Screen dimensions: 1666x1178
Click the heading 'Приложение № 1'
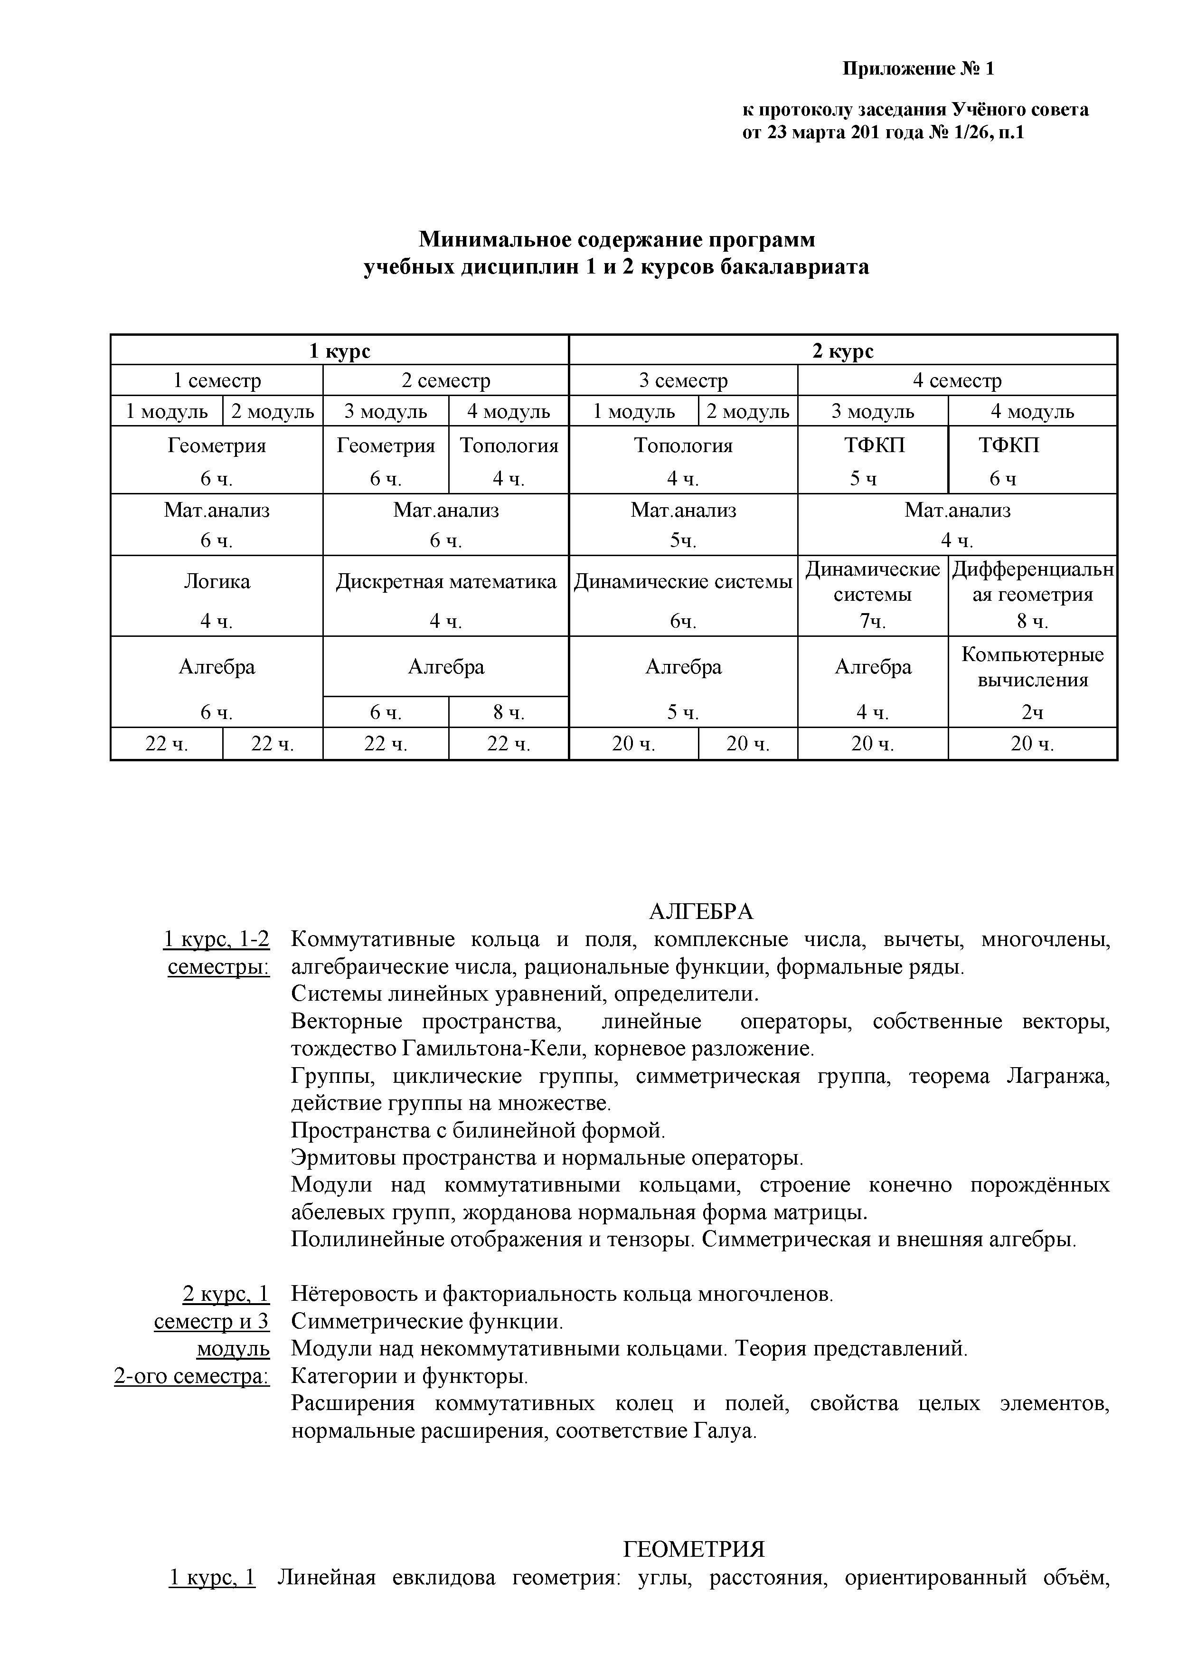(x=918, y=69)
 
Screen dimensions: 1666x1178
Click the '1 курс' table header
(x=339, y=351)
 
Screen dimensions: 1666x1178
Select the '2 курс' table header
(x=842, y=351)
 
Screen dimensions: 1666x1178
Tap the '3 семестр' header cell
(x=683, y=381)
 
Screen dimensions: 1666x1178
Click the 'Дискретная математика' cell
(x=445, y=582)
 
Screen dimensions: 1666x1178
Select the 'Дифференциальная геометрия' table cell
(x=1032, y=582)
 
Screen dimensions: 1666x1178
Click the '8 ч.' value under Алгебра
(x=509, y=712)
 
